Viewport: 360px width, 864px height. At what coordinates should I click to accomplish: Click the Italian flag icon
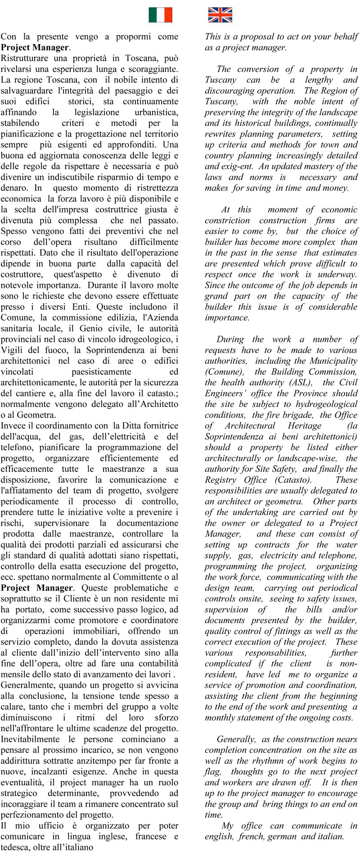click(161, 15)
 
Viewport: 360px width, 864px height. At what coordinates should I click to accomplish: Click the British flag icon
click(220, 15)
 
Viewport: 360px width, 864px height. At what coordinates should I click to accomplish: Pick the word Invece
click(13, 425)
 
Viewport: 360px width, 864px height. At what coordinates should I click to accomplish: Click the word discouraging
click(230, 91)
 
